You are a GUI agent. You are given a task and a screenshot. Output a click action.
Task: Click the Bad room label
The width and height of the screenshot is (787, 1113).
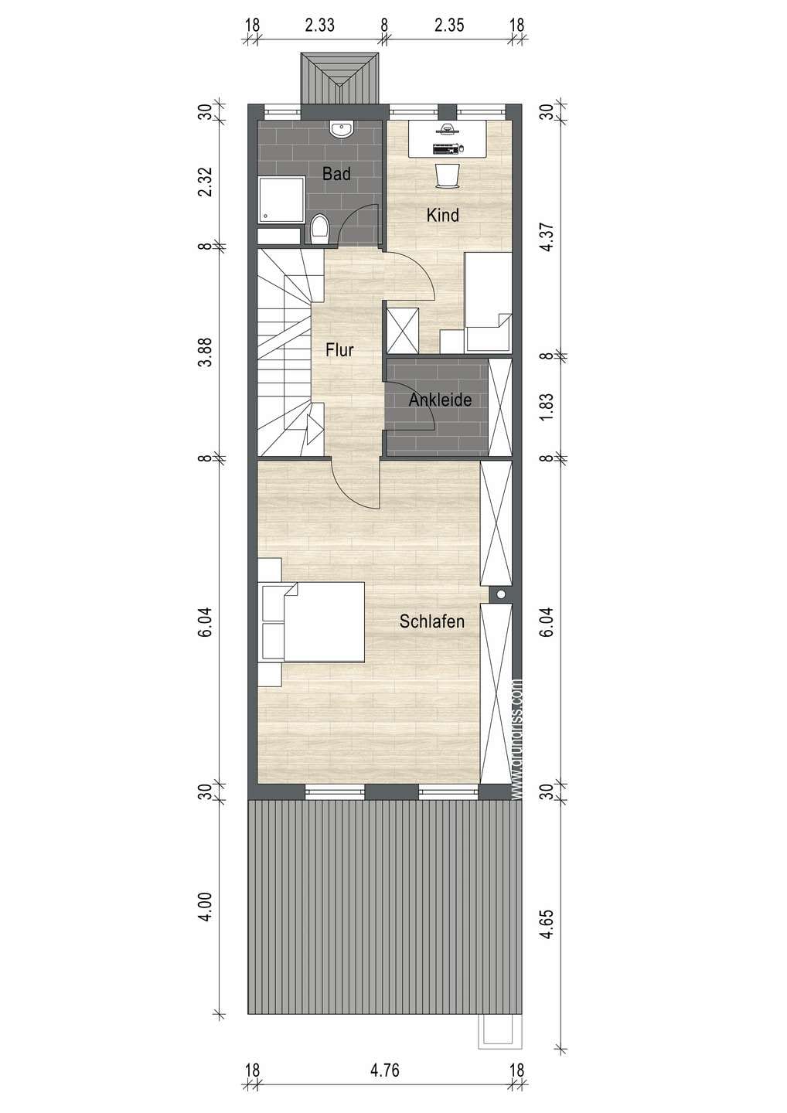tap(336, 173)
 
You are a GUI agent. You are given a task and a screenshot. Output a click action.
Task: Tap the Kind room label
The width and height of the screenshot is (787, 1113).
tap(443, 215)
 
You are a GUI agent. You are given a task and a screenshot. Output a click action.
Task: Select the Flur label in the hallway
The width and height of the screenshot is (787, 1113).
tap(339, 350)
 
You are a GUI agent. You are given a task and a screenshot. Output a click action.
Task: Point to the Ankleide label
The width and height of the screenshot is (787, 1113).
tap(440, 400)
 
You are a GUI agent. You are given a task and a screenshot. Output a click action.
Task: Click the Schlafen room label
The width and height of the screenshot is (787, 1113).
tap(431, 621)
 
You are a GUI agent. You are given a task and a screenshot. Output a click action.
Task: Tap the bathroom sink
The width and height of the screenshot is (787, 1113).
tap(341, 130)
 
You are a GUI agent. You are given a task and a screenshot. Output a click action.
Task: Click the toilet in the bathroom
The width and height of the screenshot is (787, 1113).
tap(319, 229)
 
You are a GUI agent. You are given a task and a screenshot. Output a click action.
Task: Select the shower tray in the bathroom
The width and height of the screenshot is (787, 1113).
tap(281, 199)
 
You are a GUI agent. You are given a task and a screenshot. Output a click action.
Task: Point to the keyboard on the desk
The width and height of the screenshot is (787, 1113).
tap(445, 148)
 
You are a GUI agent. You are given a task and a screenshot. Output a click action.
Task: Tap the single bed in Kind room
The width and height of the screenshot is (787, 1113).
tap(488, 302)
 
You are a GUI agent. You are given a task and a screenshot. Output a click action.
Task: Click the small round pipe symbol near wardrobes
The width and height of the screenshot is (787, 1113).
tap(501, 594)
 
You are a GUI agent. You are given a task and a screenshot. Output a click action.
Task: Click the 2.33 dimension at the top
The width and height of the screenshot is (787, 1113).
tap(319, 25)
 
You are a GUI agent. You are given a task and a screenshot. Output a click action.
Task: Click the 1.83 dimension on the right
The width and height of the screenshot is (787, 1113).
tap(547, 407)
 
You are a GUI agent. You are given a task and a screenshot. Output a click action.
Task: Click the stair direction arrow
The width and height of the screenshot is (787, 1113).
tap(314, 428)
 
